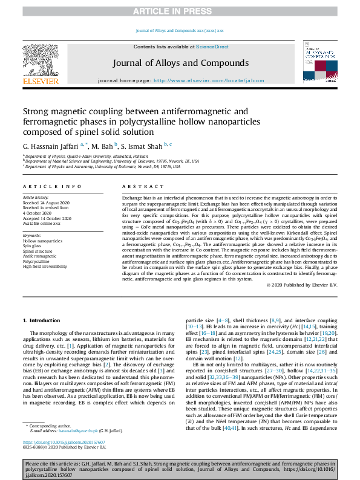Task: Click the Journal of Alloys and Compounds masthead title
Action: pyautogui.click(x=180, y=62)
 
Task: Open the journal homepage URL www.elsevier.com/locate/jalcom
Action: pyautogui.click(x=209, y=80)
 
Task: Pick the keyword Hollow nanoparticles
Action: pyautogui.click(x=42, y=241)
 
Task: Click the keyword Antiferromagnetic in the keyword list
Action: pyautogui.click(x=40, y=256)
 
